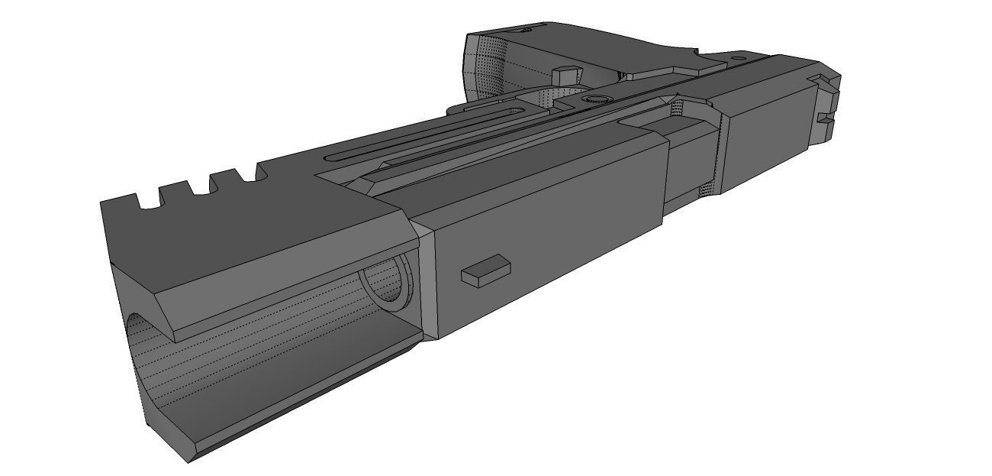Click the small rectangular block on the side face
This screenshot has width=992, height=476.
click(x=485, y=270)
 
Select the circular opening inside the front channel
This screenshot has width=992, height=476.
click(x=388, y=282)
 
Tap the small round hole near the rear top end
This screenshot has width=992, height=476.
click(x=739, y=57)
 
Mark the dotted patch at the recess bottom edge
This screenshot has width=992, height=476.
click(x=708, y=192)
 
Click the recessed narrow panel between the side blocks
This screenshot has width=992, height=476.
click(x=691, y=164)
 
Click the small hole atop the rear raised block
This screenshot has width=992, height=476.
click(x=524, y=31)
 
